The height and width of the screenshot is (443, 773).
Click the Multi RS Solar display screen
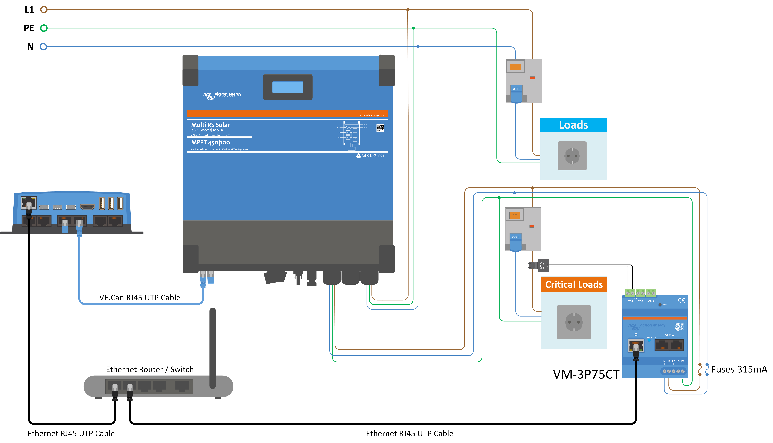pyautogui.click(x=288, y=87)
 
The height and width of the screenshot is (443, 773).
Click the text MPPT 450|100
pyautogui.click(x=210, y=142)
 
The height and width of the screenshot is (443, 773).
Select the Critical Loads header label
pyautogui.click(x=574, y=285)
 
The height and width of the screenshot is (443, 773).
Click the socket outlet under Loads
pyautogui.click(x=572, y=156)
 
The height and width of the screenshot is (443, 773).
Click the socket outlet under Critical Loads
pyautogui.click(x=574, y=322)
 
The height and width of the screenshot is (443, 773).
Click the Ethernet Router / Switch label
pyautogui.click(x=149, y=369)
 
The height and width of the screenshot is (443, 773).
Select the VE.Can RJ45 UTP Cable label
pyautogui.click(x=140, y=298)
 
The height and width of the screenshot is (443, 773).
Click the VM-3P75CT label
pyautogui.click(x=586, y=374)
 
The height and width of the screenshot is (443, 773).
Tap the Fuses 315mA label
pyautogui.click(x=739, y=369)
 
